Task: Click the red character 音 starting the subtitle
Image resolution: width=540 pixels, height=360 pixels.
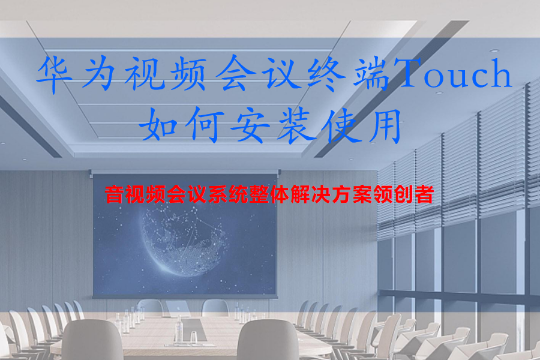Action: pos(115,195)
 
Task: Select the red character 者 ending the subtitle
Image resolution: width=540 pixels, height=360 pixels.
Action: pos(424,195)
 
